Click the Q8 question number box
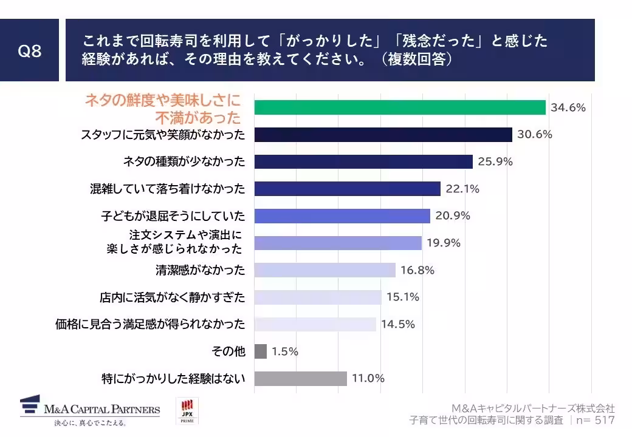29,50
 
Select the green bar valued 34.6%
399,107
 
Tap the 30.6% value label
534,135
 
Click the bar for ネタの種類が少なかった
363,161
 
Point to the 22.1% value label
462,189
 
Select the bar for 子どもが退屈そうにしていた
342,215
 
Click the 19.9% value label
443,243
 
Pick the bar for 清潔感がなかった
325,270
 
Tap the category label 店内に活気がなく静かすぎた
173,297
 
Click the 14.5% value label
397,324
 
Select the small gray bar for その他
260,351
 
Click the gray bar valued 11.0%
300,379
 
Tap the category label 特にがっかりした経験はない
173,379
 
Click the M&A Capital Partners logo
90,411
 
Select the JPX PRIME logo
187,411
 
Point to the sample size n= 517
595,420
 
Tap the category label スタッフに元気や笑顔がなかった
163,135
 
